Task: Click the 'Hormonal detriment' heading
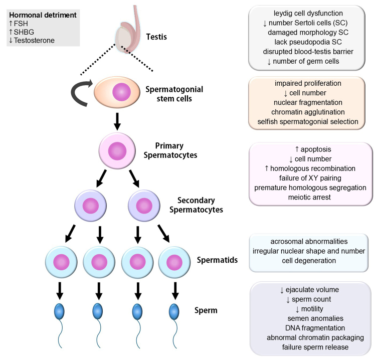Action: [43, 15]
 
